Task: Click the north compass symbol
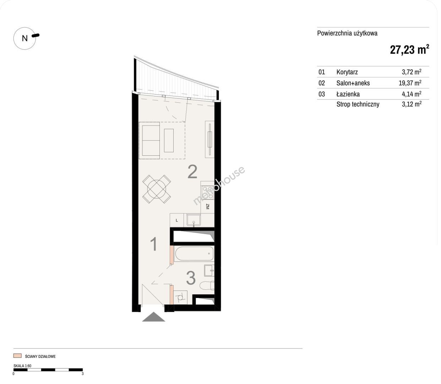[x=25, y=38]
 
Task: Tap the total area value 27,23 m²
[x=409, y=49]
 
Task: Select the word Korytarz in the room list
[x=347, y=72]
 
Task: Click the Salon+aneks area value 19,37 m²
[x=410, y=83]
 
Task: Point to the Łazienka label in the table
[x=348, y=94]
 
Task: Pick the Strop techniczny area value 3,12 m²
[x=412, y=104]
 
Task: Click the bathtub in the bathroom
[x=194, y=254]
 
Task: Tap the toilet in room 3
[x=207, y=286]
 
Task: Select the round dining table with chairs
[x=157, y=189]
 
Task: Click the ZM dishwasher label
[x=207, y=207]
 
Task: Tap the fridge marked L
[x=177, y=220]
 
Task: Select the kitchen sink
[x=194, y=220]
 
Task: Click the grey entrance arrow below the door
[x=154, y=317]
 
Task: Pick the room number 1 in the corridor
[x=153, y=244]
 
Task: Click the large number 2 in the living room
[x=192, y=172]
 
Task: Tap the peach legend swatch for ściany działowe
[x=17, y=356]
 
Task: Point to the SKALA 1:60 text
[x=22, y=366]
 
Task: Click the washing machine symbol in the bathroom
[x=180, y=298]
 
